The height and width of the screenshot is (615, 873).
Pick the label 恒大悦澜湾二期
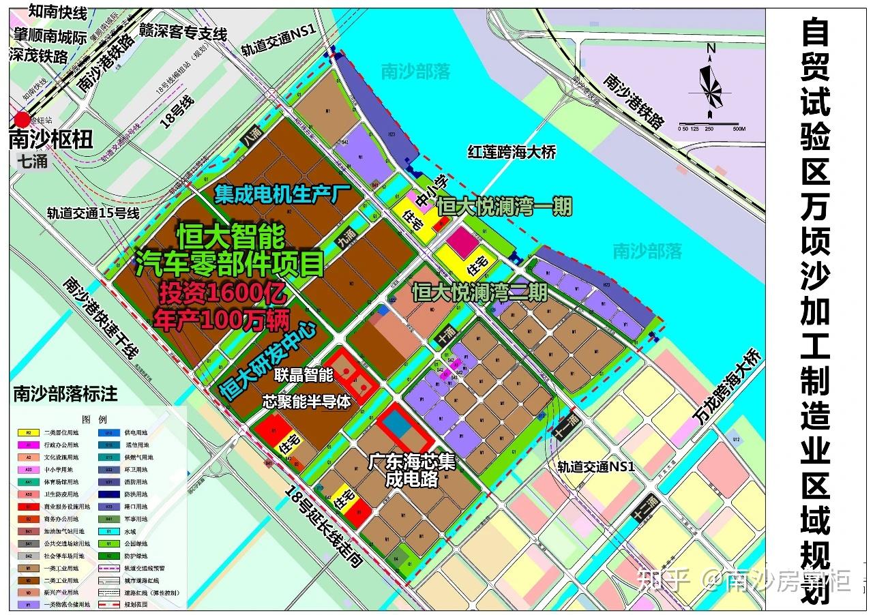(479, 292)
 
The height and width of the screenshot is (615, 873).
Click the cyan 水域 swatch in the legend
(108, 530)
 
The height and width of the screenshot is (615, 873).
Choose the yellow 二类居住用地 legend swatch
(28, 432)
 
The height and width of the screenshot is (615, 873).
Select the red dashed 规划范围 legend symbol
(108, 604)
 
